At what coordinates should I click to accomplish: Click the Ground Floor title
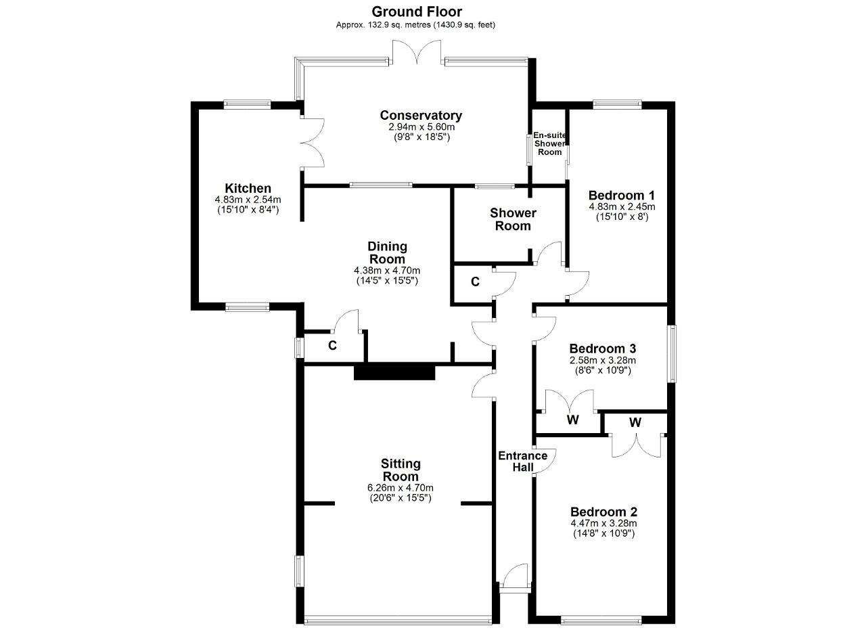click(417, 12)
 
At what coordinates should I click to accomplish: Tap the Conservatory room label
click(421, 115)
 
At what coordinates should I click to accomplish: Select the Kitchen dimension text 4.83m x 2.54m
click(248, 200)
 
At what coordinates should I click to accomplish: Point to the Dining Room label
click(387, 252)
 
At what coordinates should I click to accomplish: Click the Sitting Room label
click(401, 470)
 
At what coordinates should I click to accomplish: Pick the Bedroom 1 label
click(622, 196)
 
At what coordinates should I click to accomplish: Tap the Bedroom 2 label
click(603, 512)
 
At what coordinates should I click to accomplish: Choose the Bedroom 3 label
click(602, 348)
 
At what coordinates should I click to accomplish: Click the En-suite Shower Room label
click(550, 143)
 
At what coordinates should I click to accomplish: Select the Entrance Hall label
click(523, 462)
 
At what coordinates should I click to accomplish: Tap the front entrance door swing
click(514, 577)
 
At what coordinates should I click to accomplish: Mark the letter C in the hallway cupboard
click(475, 282)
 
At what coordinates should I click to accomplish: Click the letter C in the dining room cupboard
click(332, 345)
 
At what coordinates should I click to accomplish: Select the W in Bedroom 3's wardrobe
click(573, 420)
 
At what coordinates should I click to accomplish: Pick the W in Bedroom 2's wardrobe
click(635, 423)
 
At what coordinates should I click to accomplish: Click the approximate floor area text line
click(415, 25)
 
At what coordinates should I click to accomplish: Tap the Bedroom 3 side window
click(673, 353)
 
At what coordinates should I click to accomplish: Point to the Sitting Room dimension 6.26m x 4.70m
click(401, 488)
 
